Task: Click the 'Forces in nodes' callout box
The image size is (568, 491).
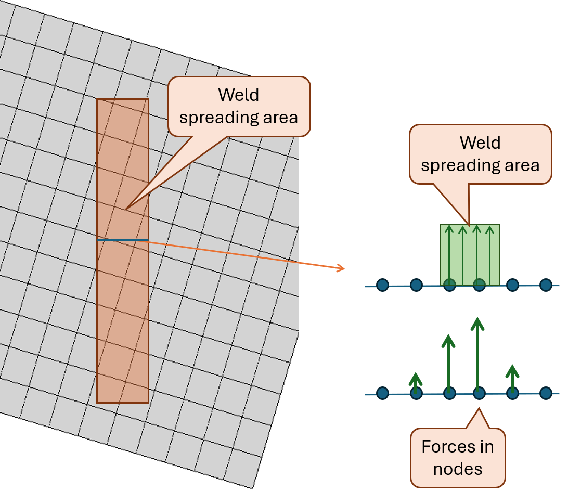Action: pyautogui.click(x=458, y=458)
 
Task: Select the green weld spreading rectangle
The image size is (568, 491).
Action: pyautogui.click(x=470, y=255)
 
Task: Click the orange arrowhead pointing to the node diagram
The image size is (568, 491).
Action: pyautogui.click(x=341, y=268)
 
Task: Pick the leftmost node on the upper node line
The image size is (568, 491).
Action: pyautogui.click(x=382, y=285)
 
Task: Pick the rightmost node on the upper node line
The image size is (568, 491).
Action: pyautogui.click(x=546, y=285)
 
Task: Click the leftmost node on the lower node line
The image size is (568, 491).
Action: pyautogui.click(x=382, y=394)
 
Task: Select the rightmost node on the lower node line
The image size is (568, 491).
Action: pyautogui.click(x=546, y=393)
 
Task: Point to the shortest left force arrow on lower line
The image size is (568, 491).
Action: pyautogui.click(x=415, y=381)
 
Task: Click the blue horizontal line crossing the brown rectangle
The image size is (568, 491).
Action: pyautogui.click(x=123, y=240)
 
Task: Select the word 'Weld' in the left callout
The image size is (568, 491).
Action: pyautogui.click(x=238, y=95)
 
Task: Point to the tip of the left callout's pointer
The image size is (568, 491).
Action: pyautogui.click(x=125, y=209)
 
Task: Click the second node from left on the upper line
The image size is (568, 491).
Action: pyautogui.click(x=416, y=285)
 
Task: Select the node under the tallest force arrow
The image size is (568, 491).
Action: pyautogui.click(x=479, y=393)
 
